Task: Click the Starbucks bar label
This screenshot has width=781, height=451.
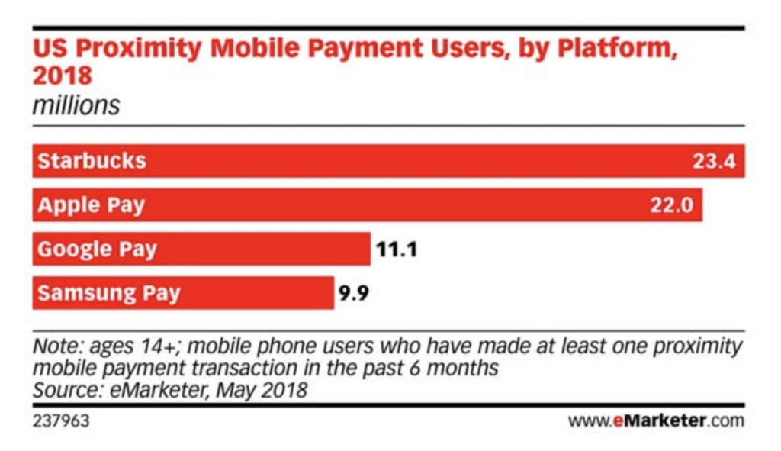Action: [92, 162]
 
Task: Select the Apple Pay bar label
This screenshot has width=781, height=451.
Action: [91, 206]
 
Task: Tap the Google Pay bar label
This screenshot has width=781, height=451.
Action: [97, 250]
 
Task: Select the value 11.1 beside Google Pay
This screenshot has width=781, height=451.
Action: [397, 250]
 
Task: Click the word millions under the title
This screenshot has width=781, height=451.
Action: [76, 105]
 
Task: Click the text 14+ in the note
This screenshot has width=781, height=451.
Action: [159, 347]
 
